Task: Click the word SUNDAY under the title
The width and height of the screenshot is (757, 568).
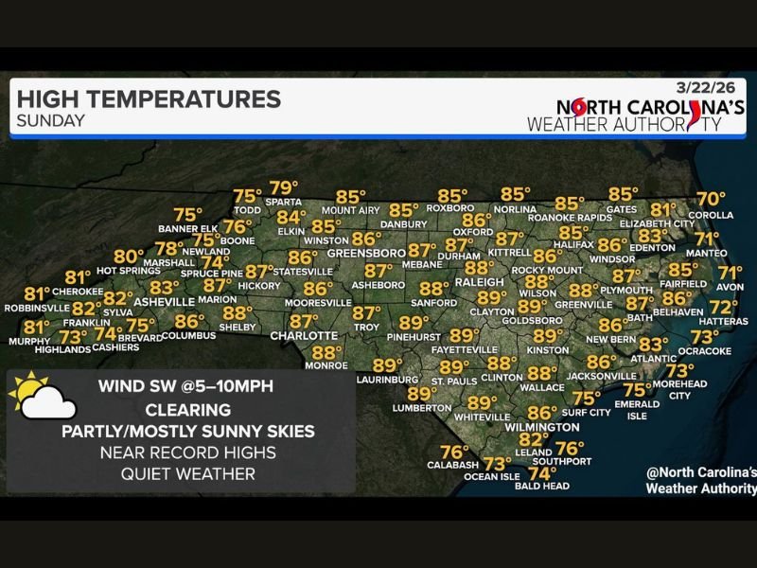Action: pyautogui.click(x=51, y=121)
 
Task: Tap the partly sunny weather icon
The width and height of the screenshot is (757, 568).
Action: pyautogui.click(x=43, y=398)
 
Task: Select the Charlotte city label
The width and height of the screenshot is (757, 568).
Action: pyautogui.click(x=304, y=336)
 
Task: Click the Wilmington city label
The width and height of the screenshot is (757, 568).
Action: pyautogui.click(x=542, y=427)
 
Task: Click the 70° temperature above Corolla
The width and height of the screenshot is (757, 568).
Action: pyautogui.click(x=711, y=200)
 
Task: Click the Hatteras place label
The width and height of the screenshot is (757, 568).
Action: pyautogui.click(x=724, y=322)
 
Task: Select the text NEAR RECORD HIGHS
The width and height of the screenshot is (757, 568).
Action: pyautogui.click(x=188, y=453)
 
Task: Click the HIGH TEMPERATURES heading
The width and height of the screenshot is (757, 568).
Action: pyautogui.click(x=149, y=98)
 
